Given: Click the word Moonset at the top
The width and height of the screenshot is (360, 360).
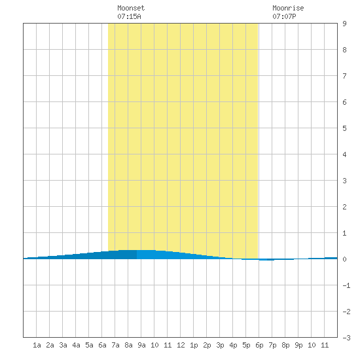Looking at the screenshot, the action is pos(131,8).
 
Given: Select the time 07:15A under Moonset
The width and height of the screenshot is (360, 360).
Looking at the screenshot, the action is pos(129,16).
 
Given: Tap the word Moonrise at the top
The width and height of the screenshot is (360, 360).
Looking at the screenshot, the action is pos(288,8).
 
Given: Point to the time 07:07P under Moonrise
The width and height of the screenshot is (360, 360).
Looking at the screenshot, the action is pos(284,16).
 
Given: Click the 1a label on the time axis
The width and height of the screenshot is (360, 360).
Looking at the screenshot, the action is pos(37,345).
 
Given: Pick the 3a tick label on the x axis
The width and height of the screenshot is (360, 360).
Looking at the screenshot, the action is pos(63,345).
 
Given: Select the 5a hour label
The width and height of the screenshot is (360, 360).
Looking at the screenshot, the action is pos(89,345).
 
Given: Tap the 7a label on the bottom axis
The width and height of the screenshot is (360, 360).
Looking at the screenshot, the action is pos(115,345).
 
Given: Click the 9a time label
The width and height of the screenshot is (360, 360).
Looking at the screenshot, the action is pos(141,345).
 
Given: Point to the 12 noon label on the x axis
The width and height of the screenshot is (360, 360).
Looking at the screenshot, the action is pos(181,345).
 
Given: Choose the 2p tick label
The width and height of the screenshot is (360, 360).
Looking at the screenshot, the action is pos(207,345).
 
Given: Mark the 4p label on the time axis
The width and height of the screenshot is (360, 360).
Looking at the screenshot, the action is pos(233,345).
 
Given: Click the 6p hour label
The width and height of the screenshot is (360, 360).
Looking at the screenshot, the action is pos(259,345).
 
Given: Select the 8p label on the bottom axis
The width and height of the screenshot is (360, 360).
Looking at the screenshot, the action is pos(285,345).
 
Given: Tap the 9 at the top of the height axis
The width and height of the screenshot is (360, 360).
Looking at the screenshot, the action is pos(344,24).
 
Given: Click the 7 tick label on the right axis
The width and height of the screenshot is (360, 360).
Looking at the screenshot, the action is pos(344,76).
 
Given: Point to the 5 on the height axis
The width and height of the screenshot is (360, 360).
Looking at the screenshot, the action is pos(344,128).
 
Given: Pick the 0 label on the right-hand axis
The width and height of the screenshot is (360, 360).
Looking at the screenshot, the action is pos(344,259).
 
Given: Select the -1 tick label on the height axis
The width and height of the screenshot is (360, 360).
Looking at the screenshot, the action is pos(346,285).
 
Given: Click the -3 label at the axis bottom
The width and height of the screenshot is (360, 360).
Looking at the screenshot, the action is pos(346,338).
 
